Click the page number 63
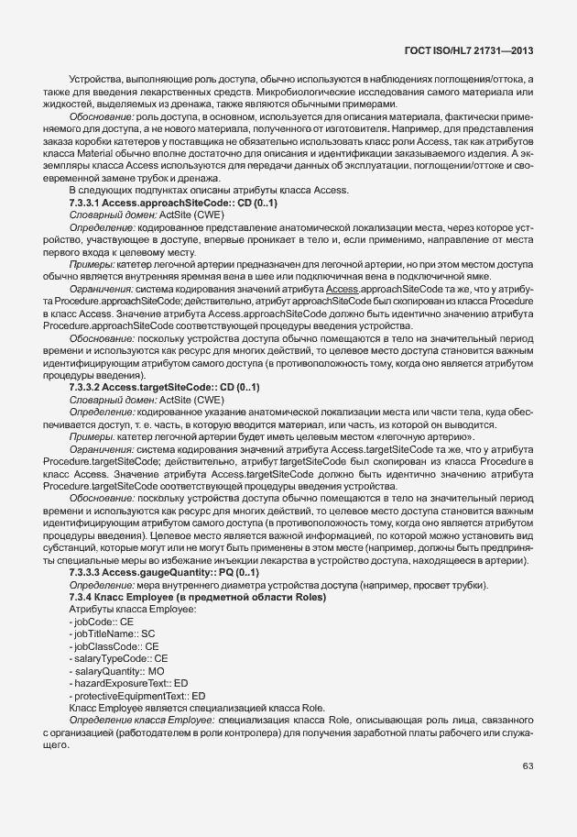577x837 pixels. pyautogui.click(x=528, y=765)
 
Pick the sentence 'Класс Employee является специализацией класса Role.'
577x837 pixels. pyautogui.click(x=197, y=708)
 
